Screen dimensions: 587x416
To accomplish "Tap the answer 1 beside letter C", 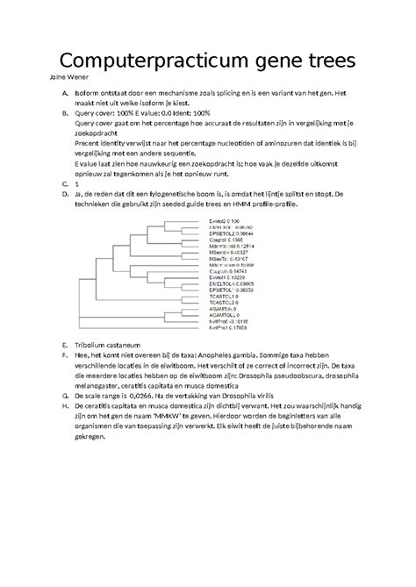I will click(x=77, y=184).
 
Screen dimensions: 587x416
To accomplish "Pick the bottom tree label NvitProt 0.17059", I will click(x=228, y=328).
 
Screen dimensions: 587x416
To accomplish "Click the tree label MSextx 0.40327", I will click(x=230, y=253).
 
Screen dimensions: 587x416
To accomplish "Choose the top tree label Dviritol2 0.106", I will click(x=225, y=220).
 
